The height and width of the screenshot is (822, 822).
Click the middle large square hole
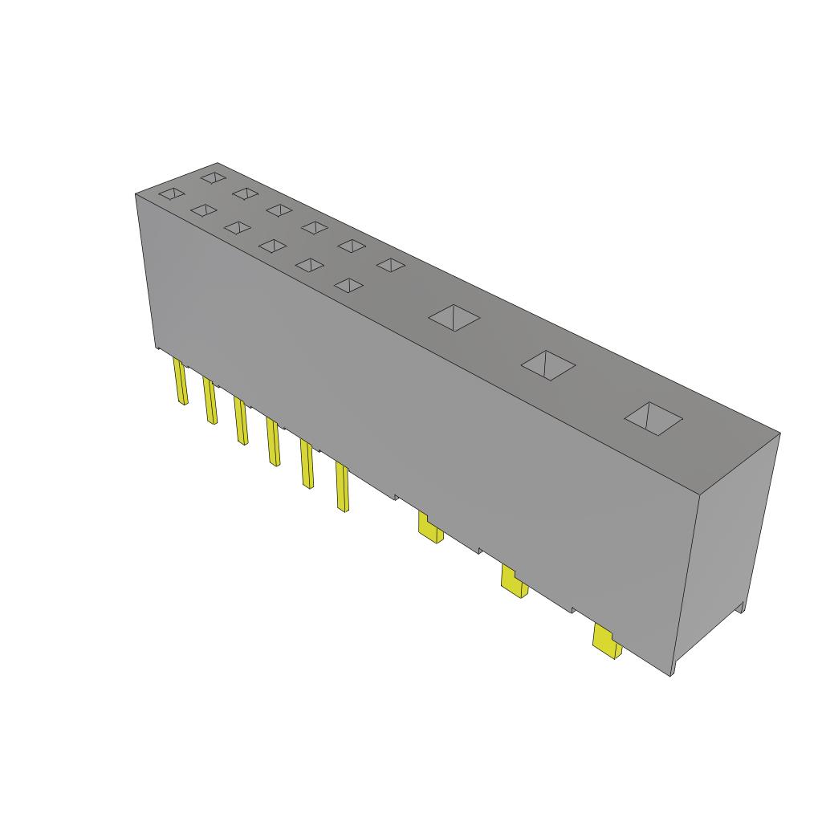(x=548, y=365)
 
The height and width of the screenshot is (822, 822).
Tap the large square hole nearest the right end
(x=653, y=418)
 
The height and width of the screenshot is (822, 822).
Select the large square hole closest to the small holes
(x=454, y=317)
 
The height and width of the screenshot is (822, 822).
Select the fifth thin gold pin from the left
(x=307, y=464)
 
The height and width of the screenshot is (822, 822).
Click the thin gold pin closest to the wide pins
(x=342, y=487)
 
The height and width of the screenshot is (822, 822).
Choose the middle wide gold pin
(x=513, y=580)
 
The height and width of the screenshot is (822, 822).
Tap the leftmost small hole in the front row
(x=171, y=193)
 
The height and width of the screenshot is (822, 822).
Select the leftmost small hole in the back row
(x=213, y=177)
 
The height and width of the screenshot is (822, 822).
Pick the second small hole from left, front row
(x=204, y=210)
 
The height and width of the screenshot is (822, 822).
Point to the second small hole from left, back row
(x=246, y=193)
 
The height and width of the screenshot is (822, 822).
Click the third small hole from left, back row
(x=279, y=210)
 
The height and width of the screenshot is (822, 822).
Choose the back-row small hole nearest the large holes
(x=390, y=265)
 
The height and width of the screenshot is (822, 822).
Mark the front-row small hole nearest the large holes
(x=348, y=285)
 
